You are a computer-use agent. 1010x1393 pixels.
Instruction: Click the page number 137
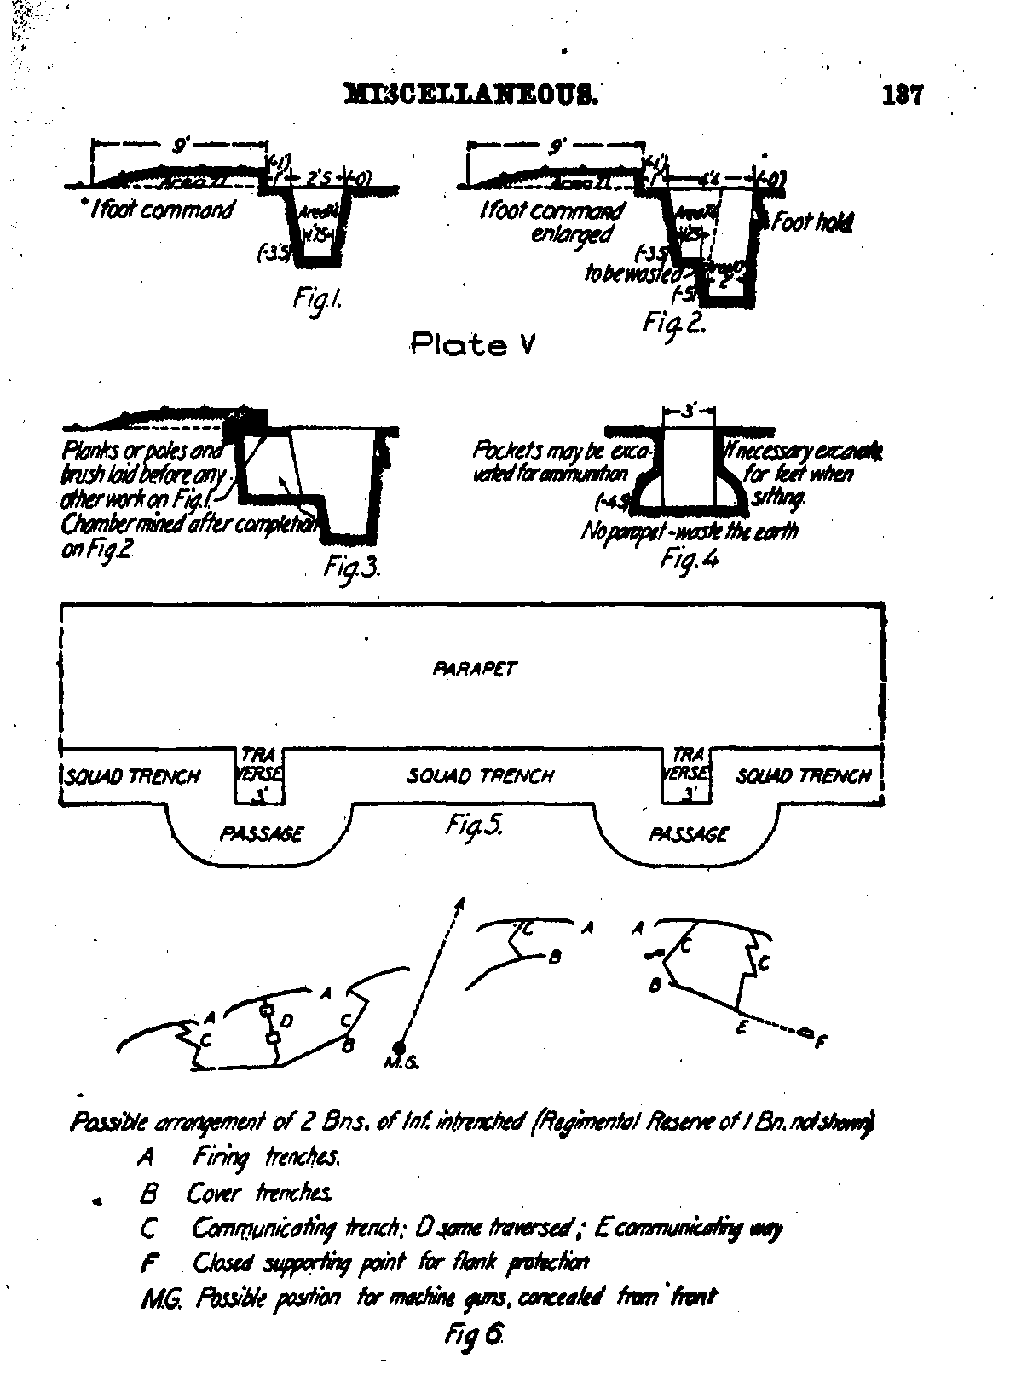point(903,94)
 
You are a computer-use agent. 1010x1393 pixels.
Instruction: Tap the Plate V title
point(472,345)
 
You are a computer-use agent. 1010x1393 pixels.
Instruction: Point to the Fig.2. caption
point(673,322)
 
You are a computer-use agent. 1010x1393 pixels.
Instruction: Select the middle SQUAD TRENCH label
point(480,776)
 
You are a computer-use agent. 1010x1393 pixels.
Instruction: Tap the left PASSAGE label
point(261,834)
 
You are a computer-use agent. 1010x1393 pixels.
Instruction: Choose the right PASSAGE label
point(689,834)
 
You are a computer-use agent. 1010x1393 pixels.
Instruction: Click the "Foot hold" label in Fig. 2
point(811,223)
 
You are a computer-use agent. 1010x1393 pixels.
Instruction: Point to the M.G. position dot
point(398,1045)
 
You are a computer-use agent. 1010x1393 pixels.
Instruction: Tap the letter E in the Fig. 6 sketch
point(742,1028)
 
